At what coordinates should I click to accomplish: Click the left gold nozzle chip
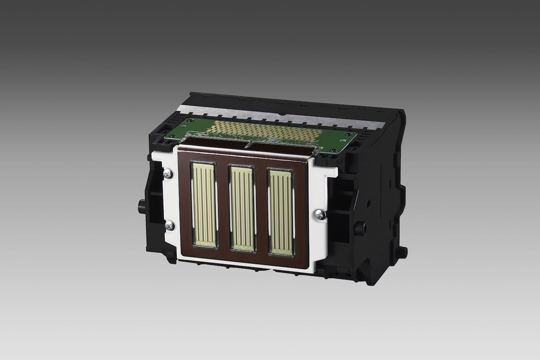click(204, 205)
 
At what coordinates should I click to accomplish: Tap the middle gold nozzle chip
click(242, 208)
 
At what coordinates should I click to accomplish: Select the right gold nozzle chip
click(281, 212)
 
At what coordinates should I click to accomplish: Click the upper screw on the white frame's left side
click(167, 173)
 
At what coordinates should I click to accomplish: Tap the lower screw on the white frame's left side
click(169, 225)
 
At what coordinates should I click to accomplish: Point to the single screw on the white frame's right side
click(320, 215)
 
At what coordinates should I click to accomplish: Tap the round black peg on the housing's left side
click(142, 206)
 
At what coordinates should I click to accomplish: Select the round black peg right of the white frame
click(360, 228)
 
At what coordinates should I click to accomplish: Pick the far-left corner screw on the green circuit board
click(187, 120)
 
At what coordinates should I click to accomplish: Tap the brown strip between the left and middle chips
click(223, 207)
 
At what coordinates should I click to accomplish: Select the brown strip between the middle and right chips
click(262, 210)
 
